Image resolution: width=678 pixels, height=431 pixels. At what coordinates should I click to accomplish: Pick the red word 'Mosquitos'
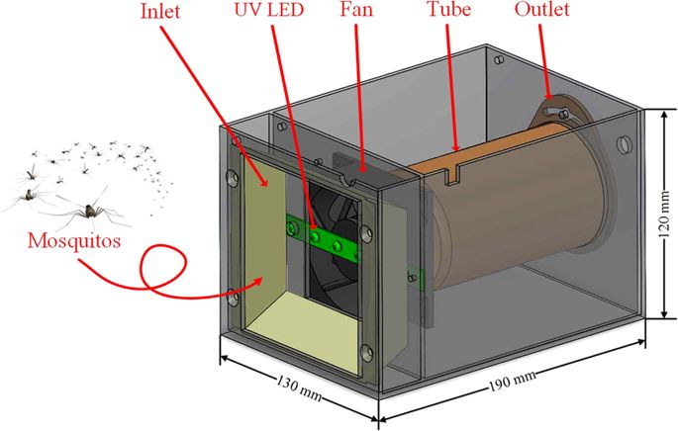75,240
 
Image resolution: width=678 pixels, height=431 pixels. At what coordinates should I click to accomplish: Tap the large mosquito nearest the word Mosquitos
87,210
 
